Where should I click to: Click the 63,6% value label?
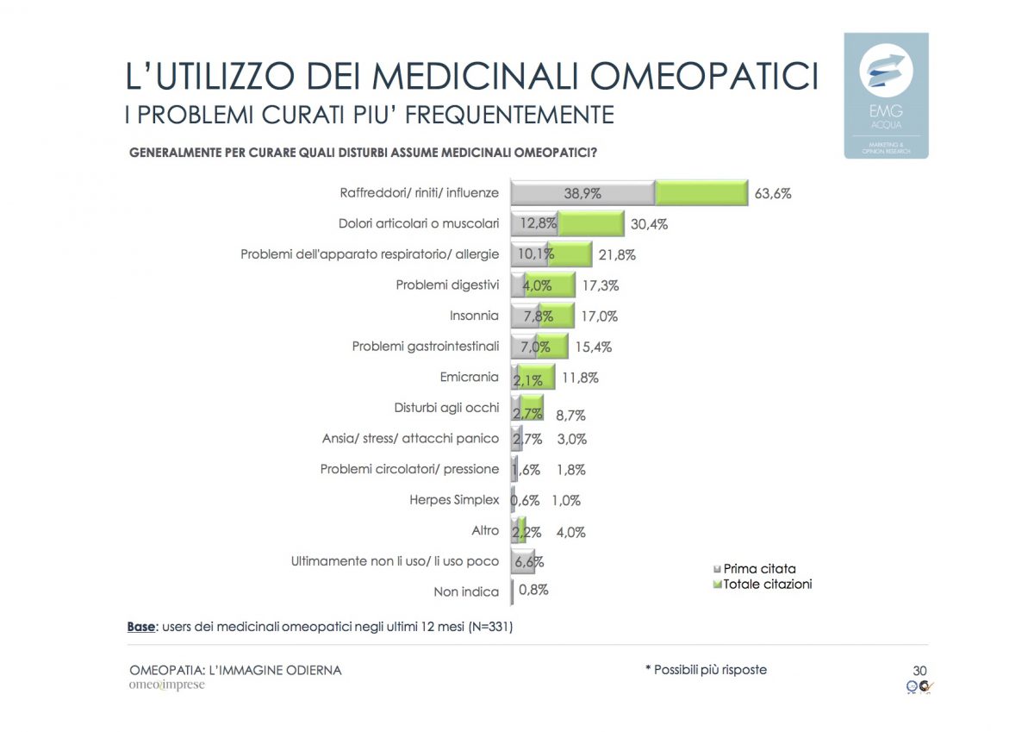pyautogui.click(x=773, y=194)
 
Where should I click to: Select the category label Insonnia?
pyautogui.click(x=474, y=316)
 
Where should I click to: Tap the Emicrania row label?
pyautogui.click(x=469, y=377)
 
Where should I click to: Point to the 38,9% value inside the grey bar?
pyautogui.click(x=582, y=194)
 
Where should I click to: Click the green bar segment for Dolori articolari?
pyautogui.click(x=591, y=224)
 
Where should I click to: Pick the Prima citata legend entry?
pyautogui.click(x=759, y=568)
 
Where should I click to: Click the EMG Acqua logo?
pyautogui.click(x=886, y=95)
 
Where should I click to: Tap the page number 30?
pyautogui.click(x=919, y=670)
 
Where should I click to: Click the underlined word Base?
pyautogui.click(x=141, y=627)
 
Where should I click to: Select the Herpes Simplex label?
pyautogui.click(x=454, y=499)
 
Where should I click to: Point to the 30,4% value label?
pyautogui.click(x=650, y=224)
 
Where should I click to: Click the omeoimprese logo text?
pyautogui.click(x=167, y=685)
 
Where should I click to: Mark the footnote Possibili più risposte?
pyautogui.click(x=706, y=670)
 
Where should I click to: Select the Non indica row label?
pyautogui.click(x=466, y=591)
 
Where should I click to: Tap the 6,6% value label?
pyautogui.click(x=529, y=561)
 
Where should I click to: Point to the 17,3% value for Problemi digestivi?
pyautogui.click(x=601, y=285)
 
